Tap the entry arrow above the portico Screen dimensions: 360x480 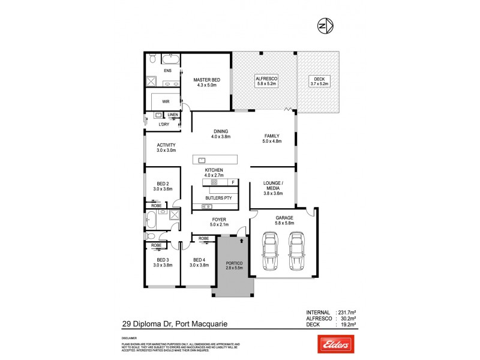click(x=241, y=239)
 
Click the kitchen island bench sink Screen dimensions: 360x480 click(x=202, y=160)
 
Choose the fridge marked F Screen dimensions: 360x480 click(x=233, y=182)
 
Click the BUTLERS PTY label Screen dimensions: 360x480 click(x=218, y=197)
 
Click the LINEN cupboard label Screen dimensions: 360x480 click(x=172, y=115)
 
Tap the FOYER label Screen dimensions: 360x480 click(x=218, y=220)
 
